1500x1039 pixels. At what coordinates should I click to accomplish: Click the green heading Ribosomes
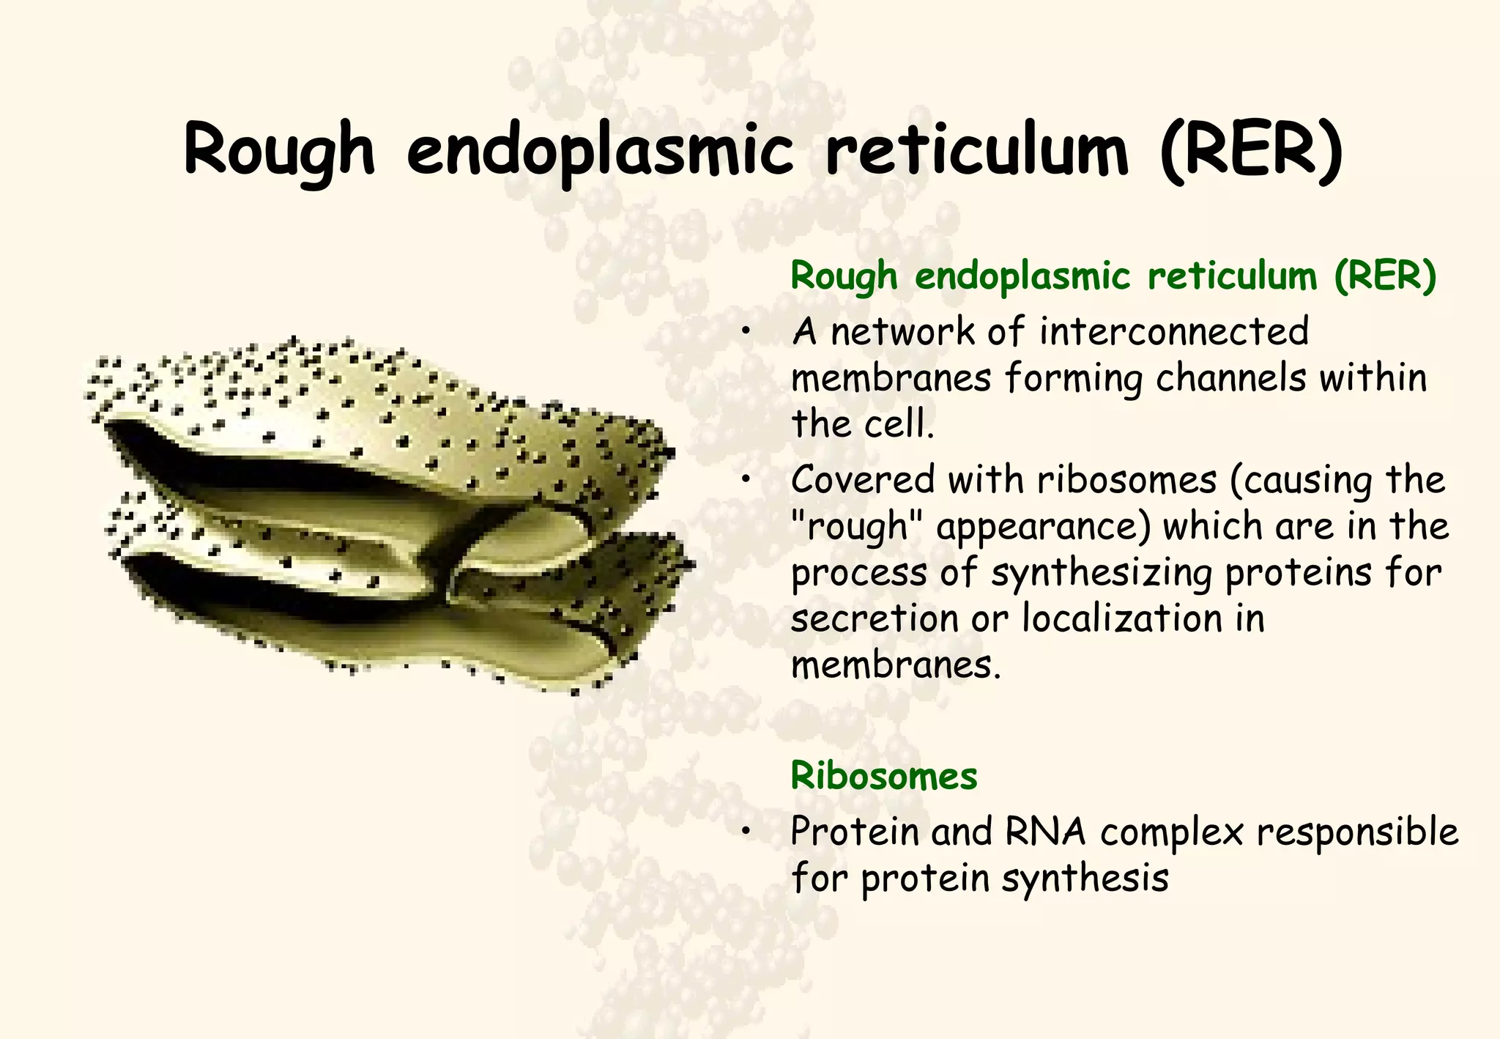point(883,776)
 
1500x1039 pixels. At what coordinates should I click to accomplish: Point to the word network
point(903,332)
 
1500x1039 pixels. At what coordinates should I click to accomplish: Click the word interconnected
point(1173,332)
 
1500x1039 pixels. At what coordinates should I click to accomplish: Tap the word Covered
point(863,481)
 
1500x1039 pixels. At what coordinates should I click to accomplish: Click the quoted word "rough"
point(850,528)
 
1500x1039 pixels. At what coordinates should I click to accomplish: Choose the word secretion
point(875,619)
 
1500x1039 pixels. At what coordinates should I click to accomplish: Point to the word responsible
point(1357,832)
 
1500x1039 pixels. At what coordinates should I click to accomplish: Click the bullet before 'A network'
point(746,333)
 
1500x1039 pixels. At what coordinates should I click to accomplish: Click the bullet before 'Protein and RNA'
point(746,832)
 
